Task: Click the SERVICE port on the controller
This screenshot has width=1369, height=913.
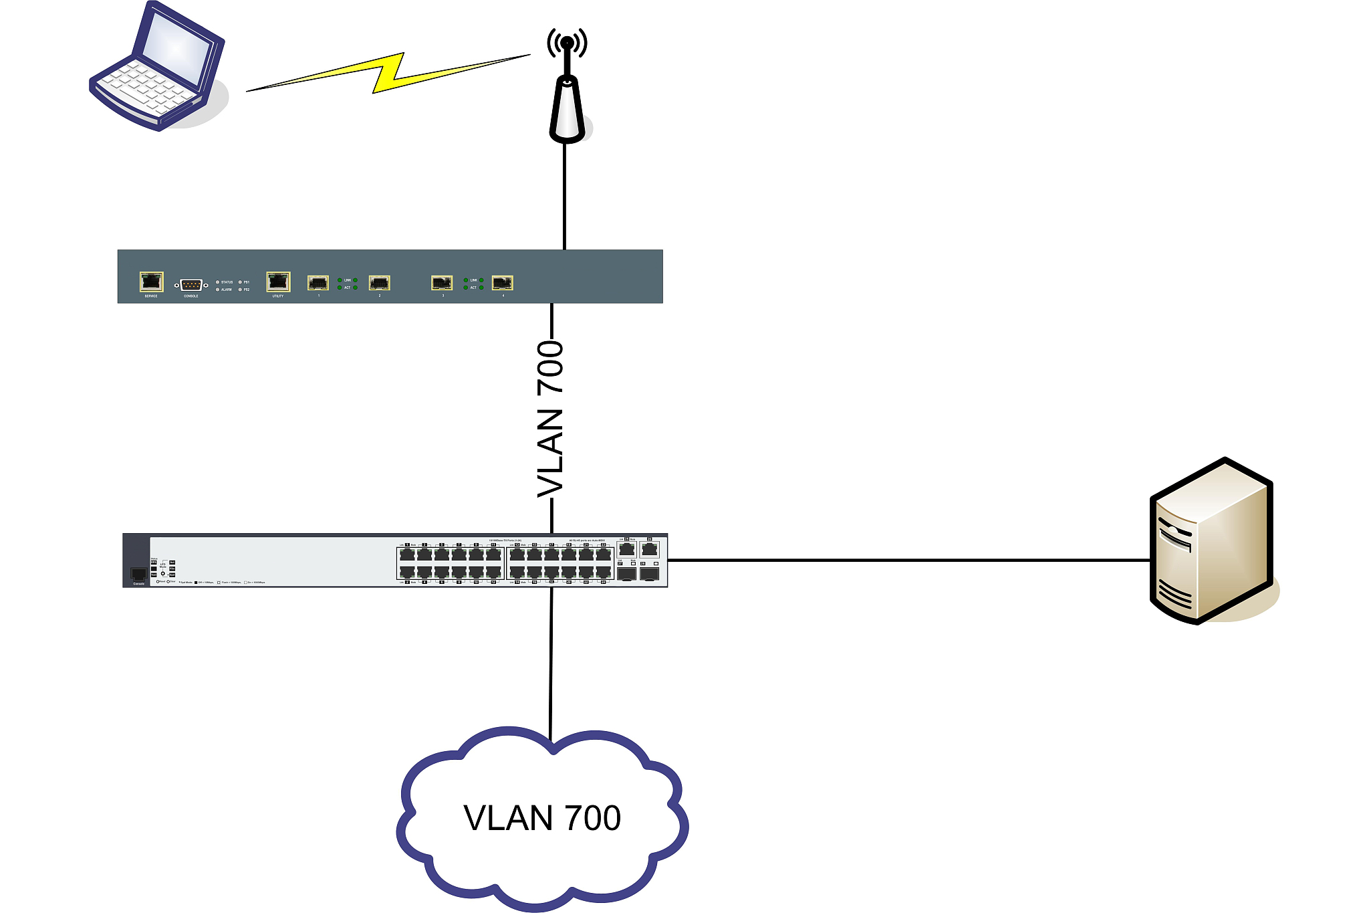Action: click(151, 281)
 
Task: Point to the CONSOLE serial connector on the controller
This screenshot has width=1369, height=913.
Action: click(191, 285)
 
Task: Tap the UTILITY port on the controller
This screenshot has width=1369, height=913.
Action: click(278, 281)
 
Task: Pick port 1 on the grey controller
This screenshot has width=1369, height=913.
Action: click(318, 282)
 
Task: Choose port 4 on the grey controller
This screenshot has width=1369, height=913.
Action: click(502, 282)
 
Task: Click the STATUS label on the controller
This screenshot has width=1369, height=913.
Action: click(227, 282)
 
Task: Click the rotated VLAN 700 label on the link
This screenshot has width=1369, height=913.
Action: click(551, 419)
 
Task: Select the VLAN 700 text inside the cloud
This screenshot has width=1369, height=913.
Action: click(542, 818)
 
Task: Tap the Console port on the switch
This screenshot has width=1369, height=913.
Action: click(138, 574)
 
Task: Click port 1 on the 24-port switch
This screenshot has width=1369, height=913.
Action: click(407, 554)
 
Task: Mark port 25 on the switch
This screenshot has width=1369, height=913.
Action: click(626, 549)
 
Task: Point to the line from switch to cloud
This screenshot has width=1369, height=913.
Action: click(551, 662)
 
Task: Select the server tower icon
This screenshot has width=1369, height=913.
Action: click(1211, 542)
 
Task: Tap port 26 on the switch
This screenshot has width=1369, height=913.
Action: click(649, 549)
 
